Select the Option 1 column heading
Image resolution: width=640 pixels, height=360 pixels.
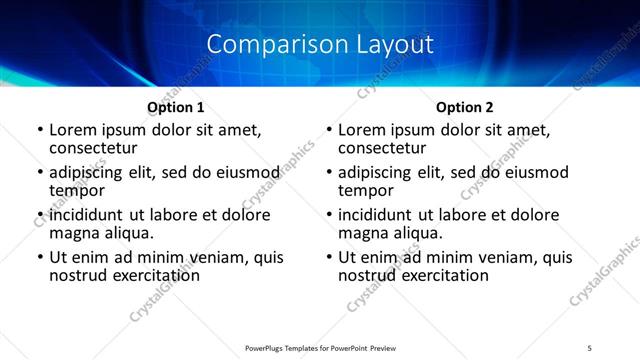(x=176, y=106)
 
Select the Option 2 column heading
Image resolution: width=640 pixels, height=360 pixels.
(x=465, y=106)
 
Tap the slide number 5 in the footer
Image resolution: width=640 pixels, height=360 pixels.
(x=589, y=346)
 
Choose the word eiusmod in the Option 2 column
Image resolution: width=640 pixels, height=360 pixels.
(x=531, y=172)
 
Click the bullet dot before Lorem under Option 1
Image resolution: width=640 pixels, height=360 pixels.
(x=39, y=130)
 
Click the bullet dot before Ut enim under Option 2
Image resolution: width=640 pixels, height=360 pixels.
(x=328, y=258)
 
